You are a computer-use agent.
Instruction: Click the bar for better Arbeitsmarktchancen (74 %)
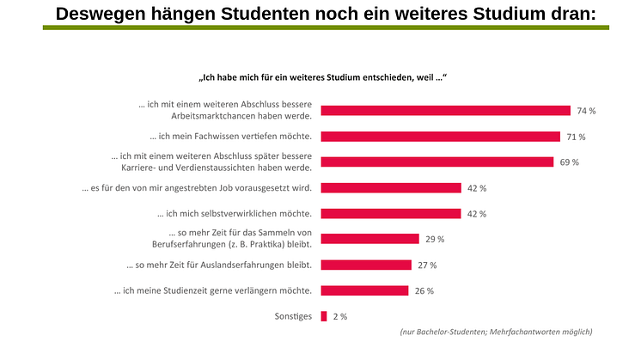(x=445, y=110)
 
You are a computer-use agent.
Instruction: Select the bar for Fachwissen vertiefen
(x=441, y=136)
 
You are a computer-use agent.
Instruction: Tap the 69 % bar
(x=436, y=162)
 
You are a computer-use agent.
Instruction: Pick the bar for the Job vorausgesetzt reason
(x=391, y=187)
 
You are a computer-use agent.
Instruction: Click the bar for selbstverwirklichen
(x=391, y=213)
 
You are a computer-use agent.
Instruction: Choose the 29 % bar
(x=369, y=239)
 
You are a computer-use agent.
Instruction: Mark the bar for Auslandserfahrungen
(x=366, y=265)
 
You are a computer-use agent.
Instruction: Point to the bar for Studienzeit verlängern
(x=364, y=290)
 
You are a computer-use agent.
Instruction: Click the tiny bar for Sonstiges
(x=324, y=316)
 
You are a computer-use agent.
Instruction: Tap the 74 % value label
(x=586, y=111)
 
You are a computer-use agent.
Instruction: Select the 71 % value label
(x=576, y=137)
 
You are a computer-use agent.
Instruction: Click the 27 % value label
(x=427, y=265)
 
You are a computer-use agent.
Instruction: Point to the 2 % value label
(x=339, y=317)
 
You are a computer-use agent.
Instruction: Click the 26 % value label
(x=424, y=291)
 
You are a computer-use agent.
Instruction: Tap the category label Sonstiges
(x=294, y=316)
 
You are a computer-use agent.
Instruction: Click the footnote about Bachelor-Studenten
(x=496, y=332)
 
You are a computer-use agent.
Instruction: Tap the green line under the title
(x=326, y=27)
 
